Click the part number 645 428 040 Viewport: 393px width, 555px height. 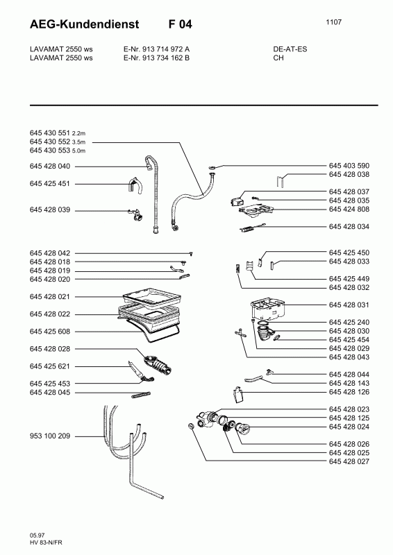50,166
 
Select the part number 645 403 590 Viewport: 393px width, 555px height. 349,166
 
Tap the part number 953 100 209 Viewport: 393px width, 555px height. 50,436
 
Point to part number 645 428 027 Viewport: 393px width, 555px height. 349,461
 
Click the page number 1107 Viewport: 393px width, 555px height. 334,22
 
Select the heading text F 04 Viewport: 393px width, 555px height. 181,24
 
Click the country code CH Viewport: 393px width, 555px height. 278,58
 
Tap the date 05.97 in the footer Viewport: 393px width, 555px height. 37,535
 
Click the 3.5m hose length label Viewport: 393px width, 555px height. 78,142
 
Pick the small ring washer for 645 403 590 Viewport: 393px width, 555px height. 211,166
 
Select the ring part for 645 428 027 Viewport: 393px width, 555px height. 192,426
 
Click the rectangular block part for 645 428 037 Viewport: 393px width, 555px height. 236,202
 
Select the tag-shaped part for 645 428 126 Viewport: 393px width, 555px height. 238,394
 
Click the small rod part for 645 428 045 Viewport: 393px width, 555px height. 142,395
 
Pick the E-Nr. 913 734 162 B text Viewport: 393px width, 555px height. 156,58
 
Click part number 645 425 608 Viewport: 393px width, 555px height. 50,332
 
